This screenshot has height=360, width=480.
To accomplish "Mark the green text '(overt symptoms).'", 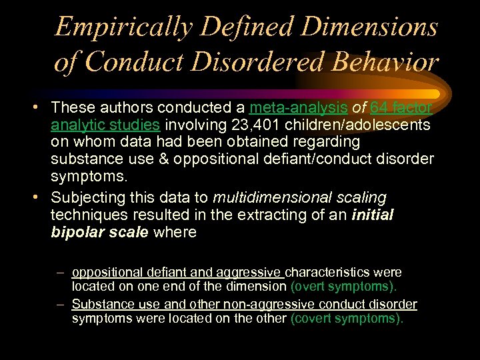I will point(344,286).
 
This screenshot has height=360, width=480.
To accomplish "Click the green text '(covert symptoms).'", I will point(347,318).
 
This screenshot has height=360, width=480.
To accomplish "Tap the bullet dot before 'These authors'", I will point(41,107).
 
